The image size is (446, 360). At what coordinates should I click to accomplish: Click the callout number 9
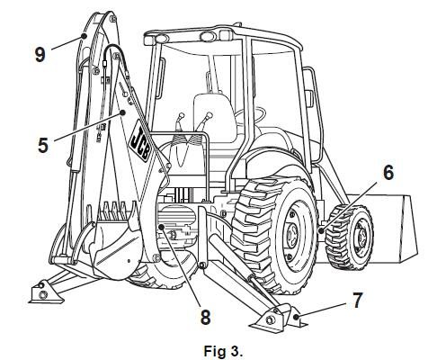(40, 55)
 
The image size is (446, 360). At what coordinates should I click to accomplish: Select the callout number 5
(43, 145)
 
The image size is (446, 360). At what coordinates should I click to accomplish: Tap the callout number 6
(388, 173)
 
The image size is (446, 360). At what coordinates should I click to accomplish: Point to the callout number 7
(357, 301)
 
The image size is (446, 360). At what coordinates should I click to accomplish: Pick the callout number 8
(205, 317)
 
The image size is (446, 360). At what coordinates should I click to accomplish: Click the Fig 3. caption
(223, 351)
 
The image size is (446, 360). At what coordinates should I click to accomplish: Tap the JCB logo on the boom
(141, 141)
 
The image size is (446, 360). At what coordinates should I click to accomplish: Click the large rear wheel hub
(292, 233)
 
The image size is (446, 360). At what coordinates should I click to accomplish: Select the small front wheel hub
(360, 238)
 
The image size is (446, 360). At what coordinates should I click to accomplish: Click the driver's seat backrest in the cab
(214, 116)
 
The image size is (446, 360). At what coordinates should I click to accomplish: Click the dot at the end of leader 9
(84, 36)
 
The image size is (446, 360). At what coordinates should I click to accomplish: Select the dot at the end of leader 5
(122, 112)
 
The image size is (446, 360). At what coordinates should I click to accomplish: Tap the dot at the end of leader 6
(321, 230)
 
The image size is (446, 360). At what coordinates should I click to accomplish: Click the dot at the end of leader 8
(161, 227)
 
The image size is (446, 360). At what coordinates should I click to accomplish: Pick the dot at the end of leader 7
(296, 317)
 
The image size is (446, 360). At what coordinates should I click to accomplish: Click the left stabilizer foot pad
(45, 293)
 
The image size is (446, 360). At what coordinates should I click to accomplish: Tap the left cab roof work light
(163, 39)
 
